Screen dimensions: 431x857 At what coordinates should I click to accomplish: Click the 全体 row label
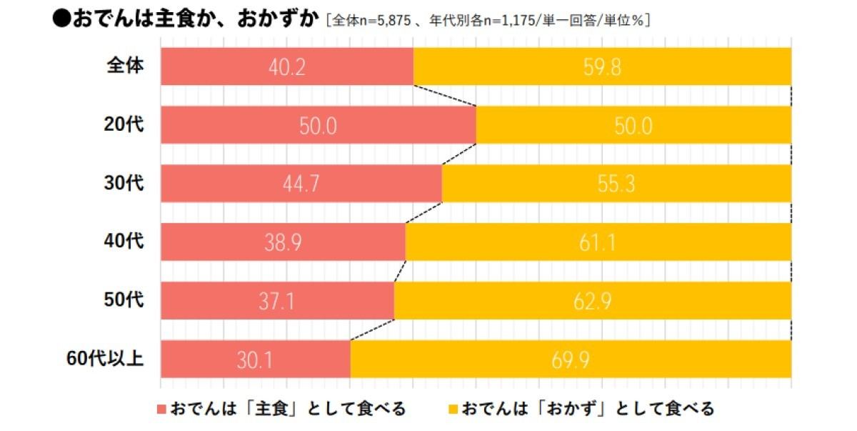click(126, 66)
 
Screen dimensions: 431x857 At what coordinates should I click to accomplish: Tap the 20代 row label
click(124, 124)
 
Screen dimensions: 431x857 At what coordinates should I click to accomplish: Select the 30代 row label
click(124, 183)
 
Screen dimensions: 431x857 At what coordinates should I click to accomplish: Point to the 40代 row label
click(124, 242)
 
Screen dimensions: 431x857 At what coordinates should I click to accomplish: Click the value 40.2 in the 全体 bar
click(287, 67)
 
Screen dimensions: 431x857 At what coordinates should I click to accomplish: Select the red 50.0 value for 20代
click(318, 126)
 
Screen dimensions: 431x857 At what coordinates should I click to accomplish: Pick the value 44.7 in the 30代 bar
click(301, 184)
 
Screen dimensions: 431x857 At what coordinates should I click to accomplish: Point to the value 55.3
click(616, 184)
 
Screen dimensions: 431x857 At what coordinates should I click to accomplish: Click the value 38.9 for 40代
click(283, 243)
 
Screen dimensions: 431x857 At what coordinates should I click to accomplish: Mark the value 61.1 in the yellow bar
click(598, 243)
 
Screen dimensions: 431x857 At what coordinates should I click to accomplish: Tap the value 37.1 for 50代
click(277, 301)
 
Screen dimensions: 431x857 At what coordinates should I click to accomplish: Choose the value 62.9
click(593, 301)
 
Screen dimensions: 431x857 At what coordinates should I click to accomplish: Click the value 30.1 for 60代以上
click(255, 360)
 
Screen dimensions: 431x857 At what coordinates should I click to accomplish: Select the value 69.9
click(571, 360)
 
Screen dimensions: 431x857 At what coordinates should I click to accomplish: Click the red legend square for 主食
click(161, 410)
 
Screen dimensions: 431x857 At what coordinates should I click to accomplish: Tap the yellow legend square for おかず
click(453, 410)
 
